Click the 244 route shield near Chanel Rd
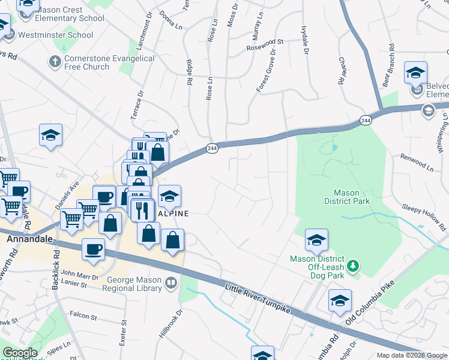366,121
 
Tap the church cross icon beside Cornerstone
54,61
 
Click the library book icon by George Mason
172,282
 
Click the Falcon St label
83,315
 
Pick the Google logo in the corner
19,353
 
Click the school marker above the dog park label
316,241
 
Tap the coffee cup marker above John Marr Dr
94,249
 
